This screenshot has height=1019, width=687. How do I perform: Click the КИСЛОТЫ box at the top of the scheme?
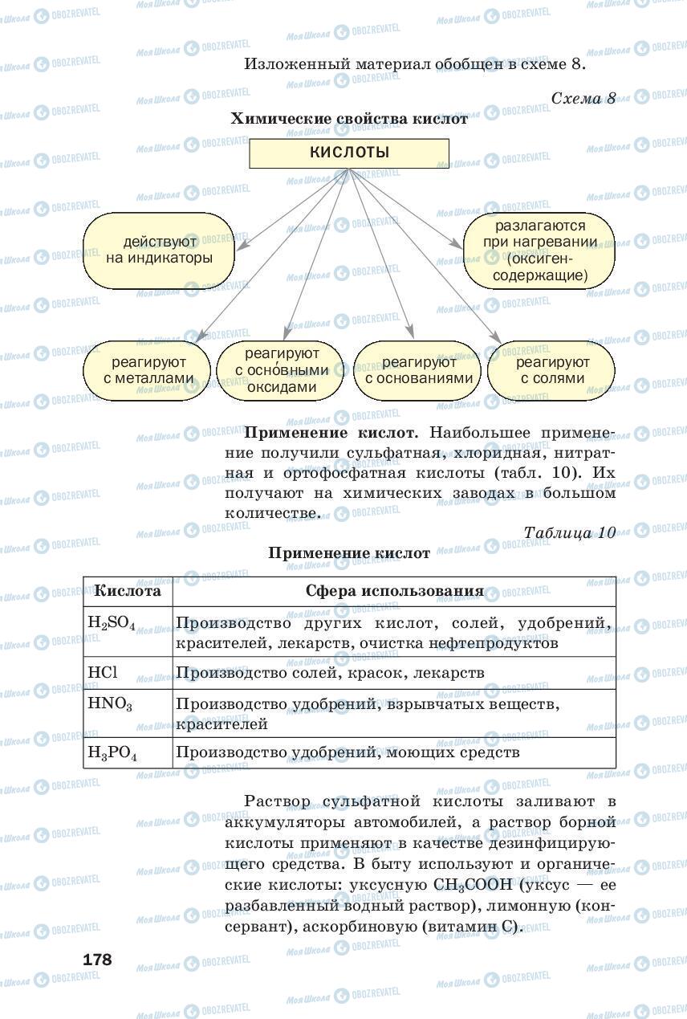point(348,153)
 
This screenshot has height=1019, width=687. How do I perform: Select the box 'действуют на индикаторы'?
point(159,250)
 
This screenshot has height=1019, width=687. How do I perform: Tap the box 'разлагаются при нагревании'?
point(539,251)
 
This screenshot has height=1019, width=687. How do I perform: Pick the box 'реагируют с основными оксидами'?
point(282,370)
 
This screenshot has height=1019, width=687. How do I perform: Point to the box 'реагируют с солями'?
point(552,370)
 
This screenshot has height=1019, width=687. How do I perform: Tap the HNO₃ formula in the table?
point(110,704)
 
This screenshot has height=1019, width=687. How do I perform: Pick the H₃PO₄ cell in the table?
point(112,753)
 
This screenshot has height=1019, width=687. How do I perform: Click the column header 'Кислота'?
point(128,591)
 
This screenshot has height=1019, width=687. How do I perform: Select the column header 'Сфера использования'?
point(394,591)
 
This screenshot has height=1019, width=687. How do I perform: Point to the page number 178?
point(97,960)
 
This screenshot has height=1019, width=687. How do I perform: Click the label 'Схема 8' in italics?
point(583,98)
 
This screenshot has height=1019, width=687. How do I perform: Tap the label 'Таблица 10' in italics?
point(569,532)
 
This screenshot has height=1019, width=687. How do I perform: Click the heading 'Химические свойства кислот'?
point(348,119)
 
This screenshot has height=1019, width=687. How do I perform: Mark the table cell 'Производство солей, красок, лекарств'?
point(329,672)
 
